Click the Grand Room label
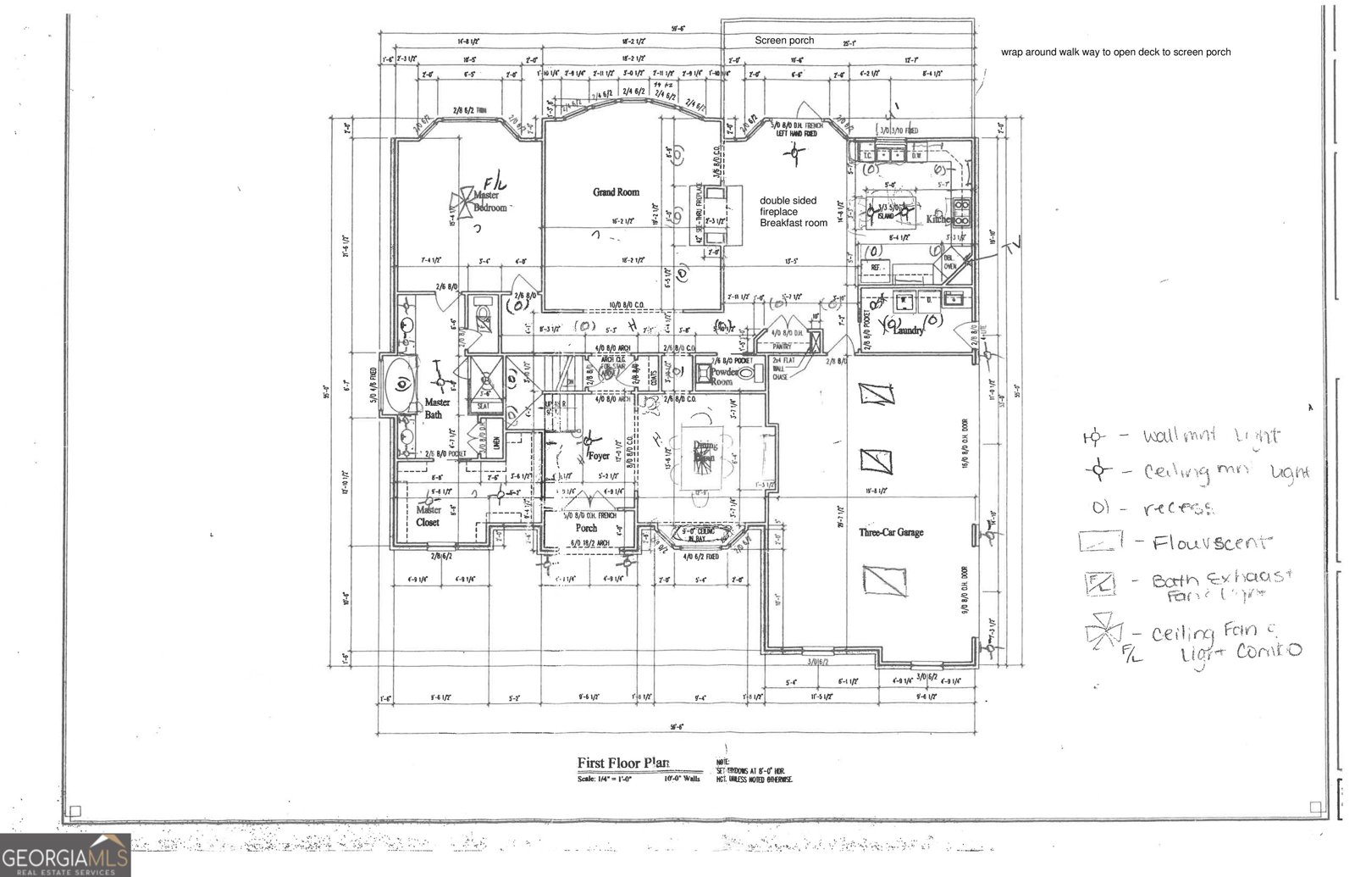coord(616,192)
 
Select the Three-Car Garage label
coord(891,532)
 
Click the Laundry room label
coord(908,330)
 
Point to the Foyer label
coord(599,456)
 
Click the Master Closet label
coord(428,516)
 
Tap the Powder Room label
coord(722,376)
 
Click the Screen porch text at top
coord(784,40)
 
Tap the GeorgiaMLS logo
coord(65,854)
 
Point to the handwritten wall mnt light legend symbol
coord(1093,437)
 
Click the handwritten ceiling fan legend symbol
coord(1103,632)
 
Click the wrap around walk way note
coord(1115,52)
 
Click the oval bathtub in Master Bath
coord(401,386)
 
